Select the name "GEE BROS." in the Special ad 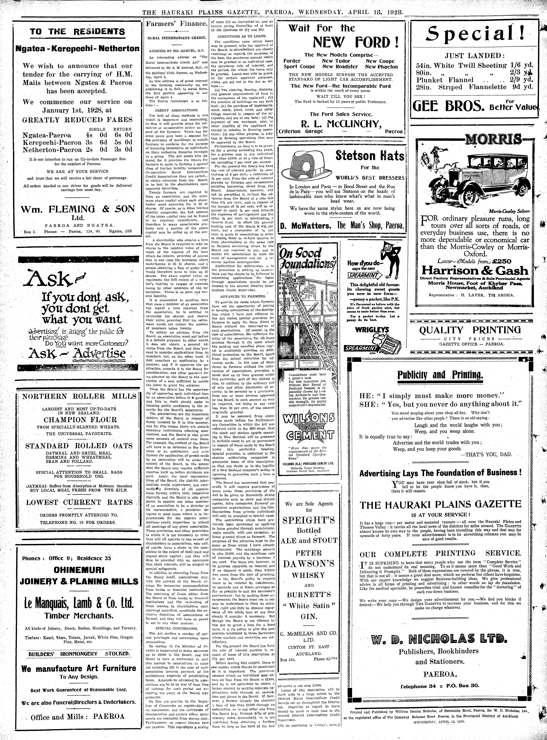[x=448, y=107]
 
